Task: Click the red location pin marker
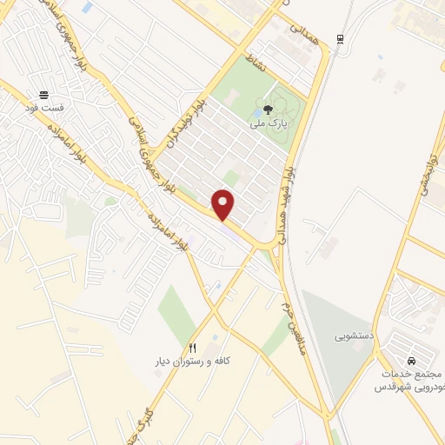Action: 224,204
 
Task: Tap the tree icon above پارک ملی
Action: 267,110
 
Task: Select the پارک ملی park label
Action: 268,125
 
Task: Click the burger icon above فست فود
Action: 43,95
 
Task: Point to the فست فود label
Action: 43,109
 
